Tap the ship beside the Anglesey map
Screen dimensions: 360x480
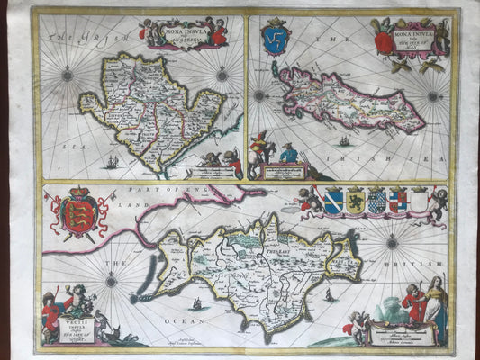tap(111, 162)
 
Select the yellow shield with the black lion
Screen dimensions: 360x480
tap(354, 200)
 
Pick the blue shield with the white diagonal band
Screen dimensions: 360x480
tap(332, 200)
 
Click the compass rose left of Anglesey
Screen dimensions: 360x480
tap(68, 75)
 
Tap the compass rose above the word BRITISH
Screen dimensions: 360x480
tap(393, 241)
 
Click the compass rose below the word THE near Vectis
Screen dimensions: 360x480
tap(110, 281)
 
